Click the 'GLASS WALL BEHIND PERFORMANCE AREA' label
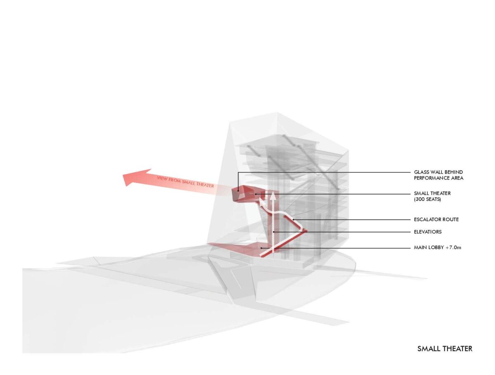[x=439, y=175]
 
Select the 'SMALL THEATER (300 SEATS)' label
[x=433, y=196]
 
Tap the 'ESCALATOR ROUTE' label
[x=436, y=220]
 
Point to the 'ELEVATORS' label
[x=428, y=232]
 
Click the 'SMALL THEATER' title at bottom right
[x=445, y=349]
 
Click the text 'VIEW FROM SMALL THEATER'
[x=185, y=182]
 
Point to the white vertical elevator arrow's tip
[x=272, y=195]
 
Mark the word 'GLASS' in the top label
[x=422, y=172]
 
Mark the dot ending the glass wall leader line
[x=238, y=191]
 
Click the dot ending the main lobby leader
[x=262, y=248]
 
